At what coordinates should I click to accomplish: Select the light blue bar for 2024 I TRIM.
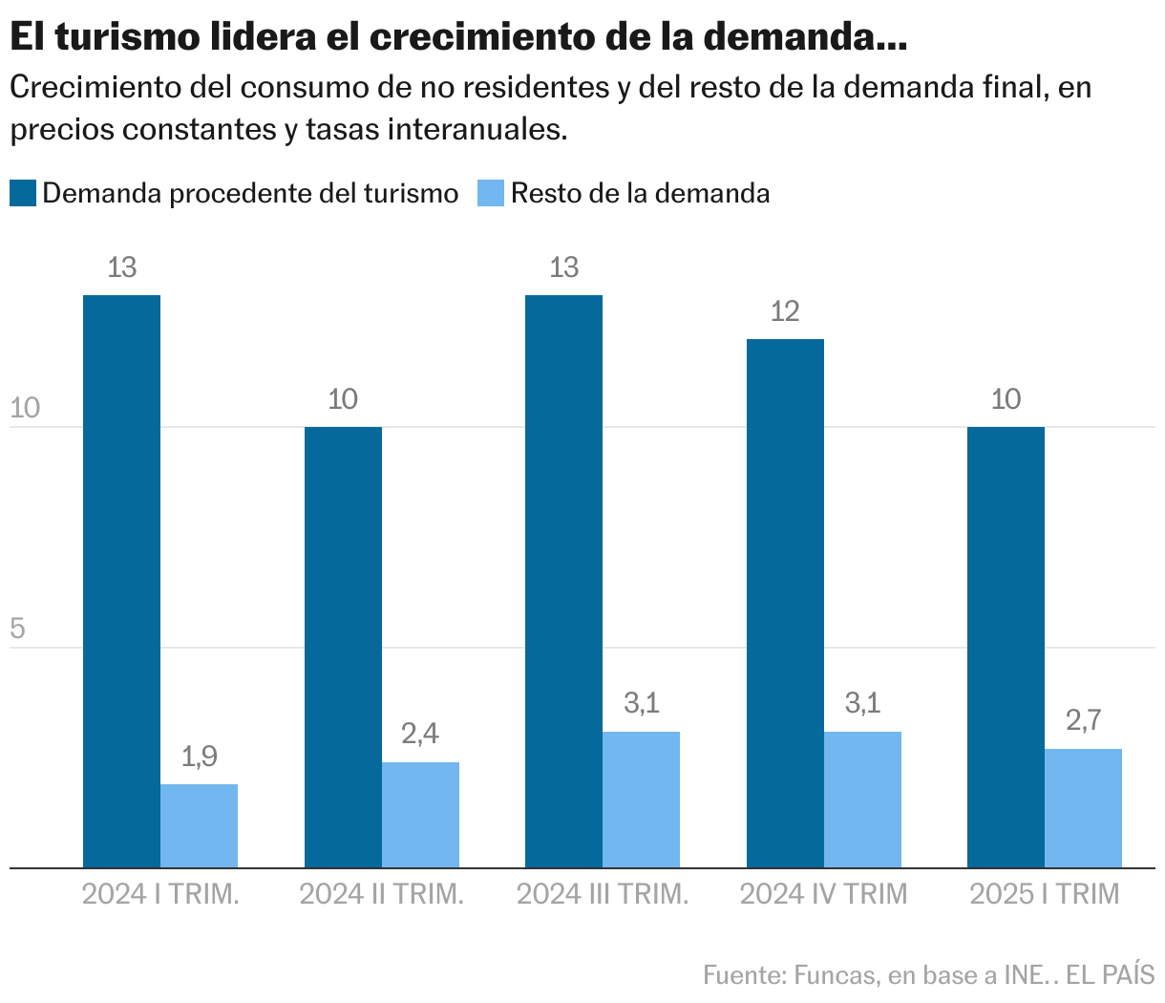[x=199, y=825]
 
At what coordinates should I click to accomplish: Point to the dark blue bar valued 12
[x=785, y=603]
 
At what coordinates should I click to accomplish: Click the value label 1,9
[x=199, y=758]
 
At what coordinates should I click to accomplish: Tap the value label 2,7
[x=1083, y=721]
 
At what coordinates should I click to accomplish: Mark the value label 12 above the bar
[x=785, y=311]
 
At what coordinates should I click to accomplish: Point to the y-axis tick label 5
[x=17, y=630]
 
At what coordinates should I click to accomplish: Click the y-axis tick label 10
[x=25, y=409]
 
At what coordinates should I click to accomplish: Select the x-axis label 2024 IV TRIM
[x=823, y=894]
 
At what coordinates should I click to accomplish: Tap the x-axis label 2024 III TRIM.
[x=603, y=894]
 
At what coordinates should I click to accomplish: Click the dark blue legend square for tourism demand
[x=23, y=193]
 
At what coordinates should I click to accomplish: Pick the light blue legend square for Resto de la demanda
[x=491, y=193]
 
